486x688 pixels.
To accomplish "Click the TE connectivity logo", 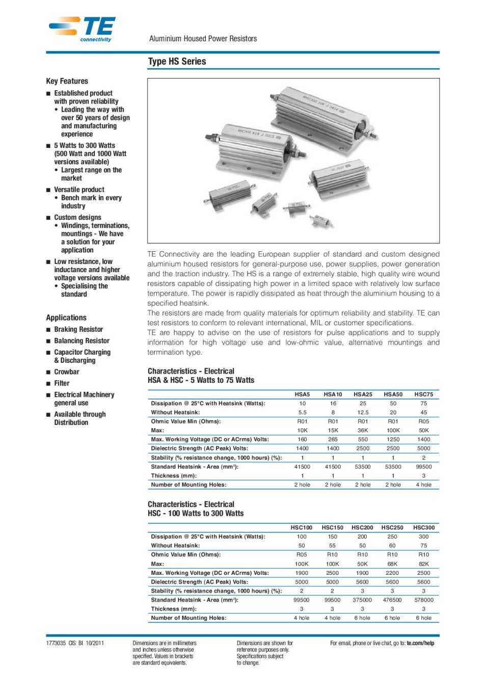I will tap(83, 29).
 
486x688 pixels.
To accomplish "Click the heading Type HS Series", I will tap(177, 62).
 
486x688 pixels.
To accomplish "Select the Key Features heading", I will tap(67, 81).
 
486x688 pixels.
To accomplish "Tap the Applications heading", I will tap(66, 317).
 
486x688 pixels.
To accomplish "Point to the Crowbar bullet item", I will tap(67, 372).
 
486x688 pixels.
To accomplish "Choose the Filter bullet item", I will tap(62, 383).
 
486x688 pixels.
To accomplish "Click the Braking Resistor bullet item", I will tap(78, 330).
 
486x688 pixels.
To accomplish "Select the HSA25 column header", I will tap(363, 394).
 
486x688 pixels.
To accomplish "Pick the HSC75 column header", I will tap(423, 394).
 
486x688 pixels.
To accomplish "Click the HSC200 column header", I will tap(362, 528).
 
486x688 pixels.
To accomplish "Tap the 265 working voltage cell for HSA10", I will tap(333, 439).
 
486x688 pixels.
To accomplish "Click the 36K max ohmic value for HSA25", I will tap(363, 431).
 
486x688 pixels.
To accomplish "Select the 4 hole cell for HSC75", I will tap(423, 485).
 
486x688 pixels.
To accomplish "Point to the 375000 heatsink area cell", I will tap(362, 600).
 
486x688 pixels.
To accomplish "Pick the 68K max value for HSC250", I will tap(392, 564).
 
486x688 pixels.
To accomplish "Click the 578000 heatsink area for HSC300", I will tap(423, 600).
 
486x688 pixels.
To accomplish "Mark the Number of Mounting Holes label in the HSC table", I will tap(188, 618).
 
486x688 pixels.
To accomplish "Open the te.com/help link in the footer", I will tap(420, 643).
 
